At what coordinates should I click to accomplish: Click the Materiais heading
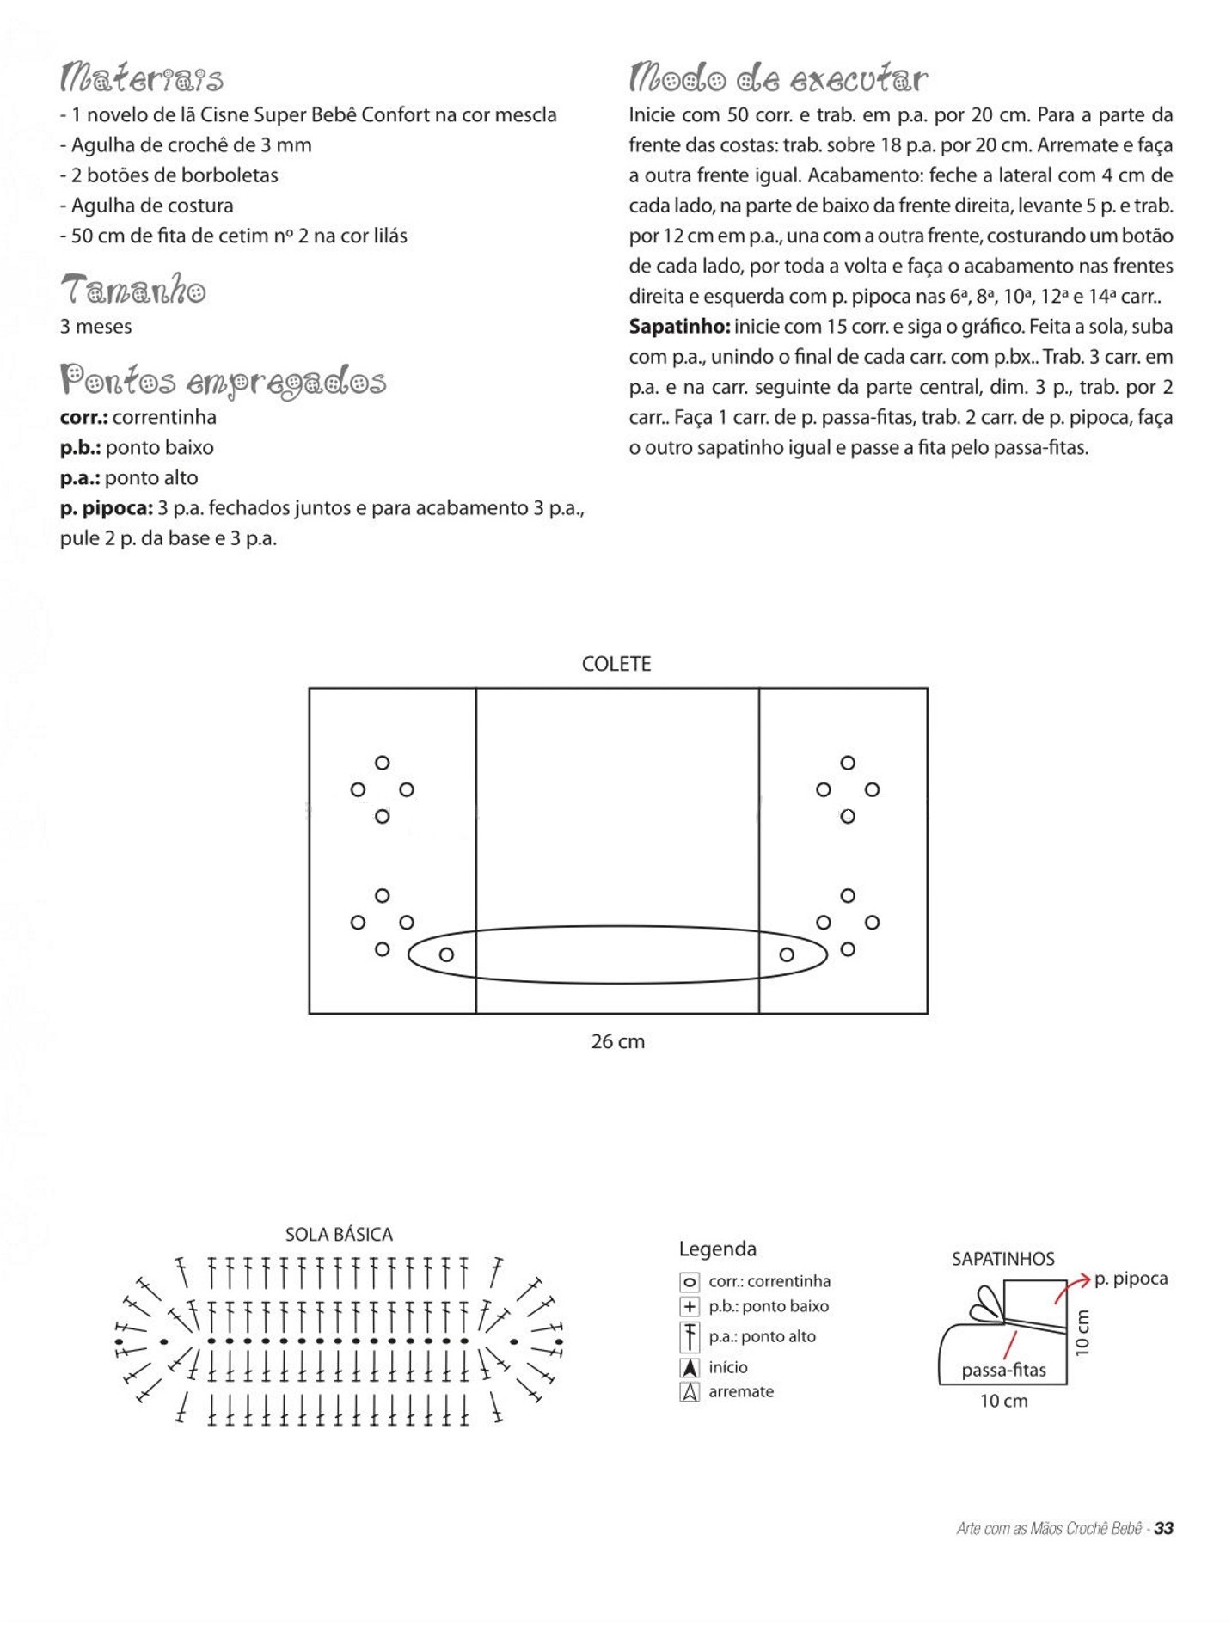(142, 78)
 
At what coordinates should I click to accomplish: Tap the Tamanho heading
(133, 290)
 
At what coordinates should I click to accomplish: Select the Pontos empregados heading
(223, 381)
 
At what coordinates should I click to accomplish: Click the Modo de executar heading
(778, 78)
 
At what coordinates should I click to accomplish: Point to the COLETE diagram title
(616, 664)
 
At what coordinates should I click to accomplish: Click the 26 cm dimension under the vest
(617, 1041)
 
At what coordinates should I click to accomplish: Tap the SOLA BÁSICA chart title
(339, 1235)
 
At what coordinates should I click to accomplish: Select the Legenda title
(717, 1249)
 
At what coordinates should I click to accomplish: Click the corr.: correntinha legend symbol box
(690, 1282)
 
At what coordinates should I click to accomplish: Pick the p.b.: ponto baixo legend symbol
(690, 1307)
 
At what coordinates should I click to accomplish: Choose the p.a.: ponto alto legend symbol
(690, 1337)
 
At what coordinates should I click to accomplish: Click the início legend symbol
(690, 1367)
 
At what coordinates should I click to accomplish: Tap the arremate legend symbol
(690, 1392)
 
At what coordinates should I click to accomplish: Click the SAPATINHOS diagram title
(1002, 1259)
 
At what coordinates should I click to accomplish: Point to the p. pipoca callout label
(1131, 1279)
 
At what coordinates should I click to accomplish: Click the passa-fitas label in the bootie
(1003, 1371)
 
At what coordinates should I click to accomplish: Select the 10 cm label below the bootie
(1003, 1401)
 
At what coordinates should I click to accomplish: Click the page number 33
(1164, 1528)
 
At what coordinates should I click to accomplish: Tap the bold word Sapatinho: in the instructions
(679, 327)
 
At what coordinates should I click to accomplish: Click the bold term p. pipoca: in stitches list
(107, 508)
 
